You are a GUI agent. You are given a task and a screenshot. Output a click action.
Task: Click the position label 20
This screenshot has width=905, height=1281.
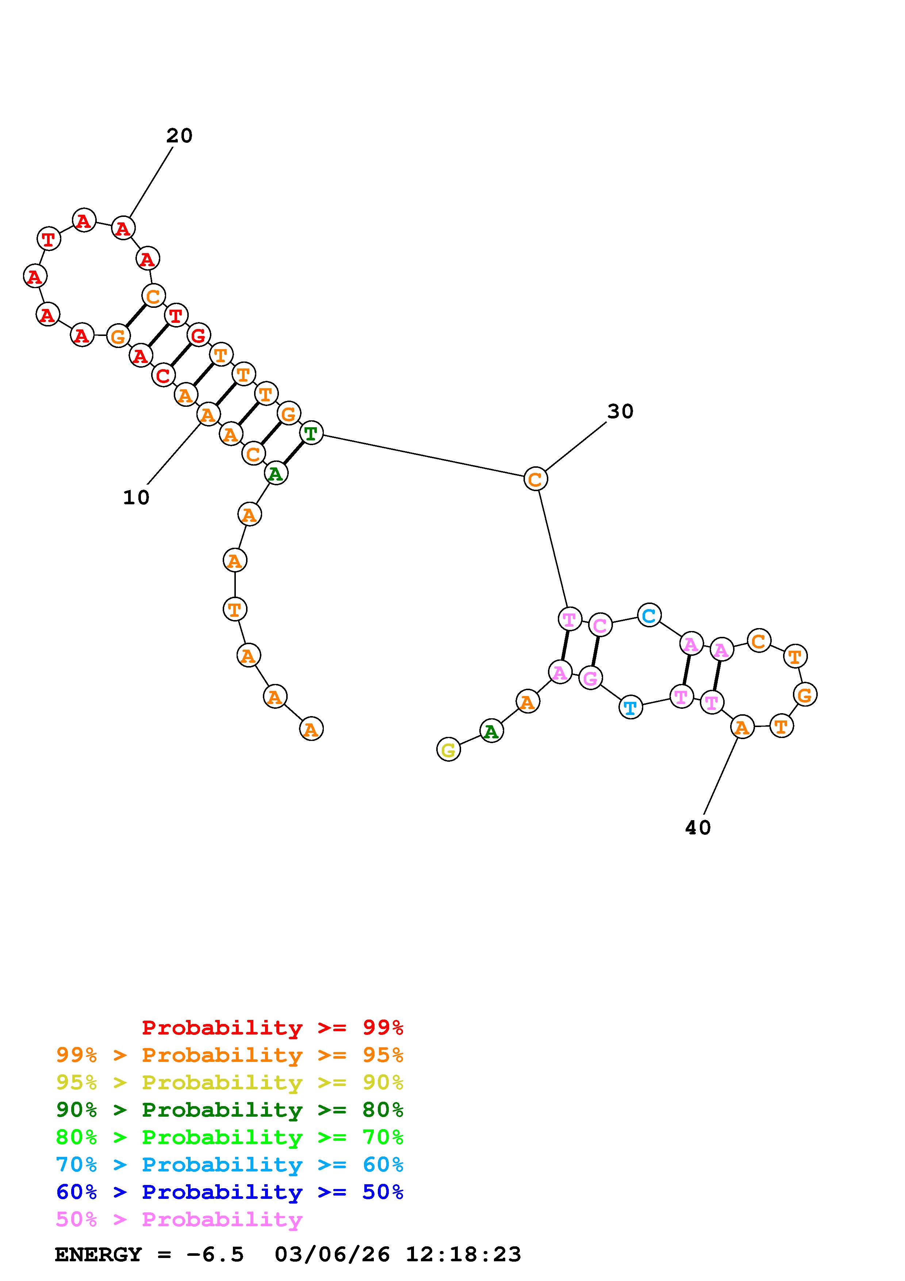pos(179,135)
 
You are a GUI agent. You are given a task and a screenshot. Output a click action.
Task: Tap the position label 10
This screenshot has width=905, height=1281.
pos(136,497)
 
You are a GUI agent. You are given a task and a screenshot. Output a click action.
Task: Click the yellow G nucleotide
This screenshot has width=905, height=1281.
pos(448,750)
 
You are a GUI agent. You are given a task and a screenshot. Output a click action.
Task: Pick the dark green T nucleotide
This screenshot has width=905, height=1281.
pos(311,433)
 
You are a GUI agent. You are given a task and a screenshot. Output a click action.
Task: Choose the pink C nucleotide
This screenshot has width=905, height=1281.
pos(600,625)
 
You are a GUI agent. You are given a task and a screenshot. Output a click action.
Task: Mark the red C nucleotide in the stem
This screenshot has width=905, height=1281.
pos(163,375)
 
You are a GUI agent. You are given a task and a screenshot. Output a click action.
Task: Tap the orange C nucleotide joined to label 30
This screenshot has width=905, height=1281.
pos(535,479)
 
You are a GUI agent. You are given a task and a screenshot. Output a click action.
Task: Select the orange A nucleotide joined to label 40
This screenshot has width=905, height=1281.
pos(741,727)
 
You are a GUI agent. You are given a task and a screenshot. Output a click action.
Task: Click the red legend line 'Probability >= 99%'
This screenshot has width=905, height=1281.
pos(272,1025)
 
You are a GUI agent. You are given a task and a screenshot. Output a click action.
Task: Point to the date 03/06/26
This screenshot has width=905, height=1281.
pos(332,1254)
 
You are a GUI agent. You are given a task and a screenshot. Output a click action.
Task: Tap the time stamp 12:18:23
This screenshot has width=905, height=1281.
pos(463,1254)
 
